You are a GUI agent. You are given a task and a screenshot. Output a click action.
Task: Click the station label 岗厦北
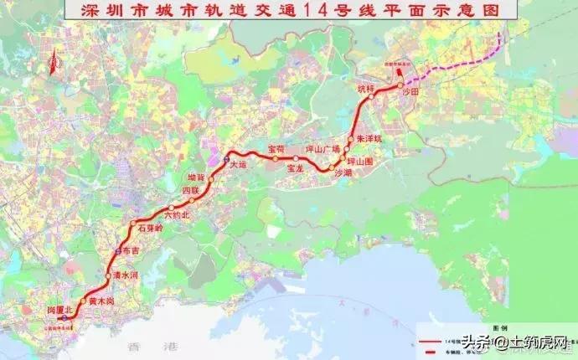(x=61, y=311)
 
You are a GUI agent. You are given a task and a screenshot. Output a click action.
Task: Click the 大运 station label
(x=240, y=166)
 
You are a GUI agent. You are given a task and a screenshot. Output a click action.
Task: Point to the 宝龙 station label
(x=295, y=168)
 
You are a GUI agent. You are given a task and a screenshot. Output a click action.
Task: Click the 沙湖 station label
(x=343, y=172)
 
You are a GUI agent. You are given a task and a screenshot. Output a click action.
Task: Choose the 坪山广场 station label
(x=323, y=149)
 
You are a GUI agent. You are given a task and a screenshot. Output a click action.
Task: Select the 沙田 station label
(x=410, y=92)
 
